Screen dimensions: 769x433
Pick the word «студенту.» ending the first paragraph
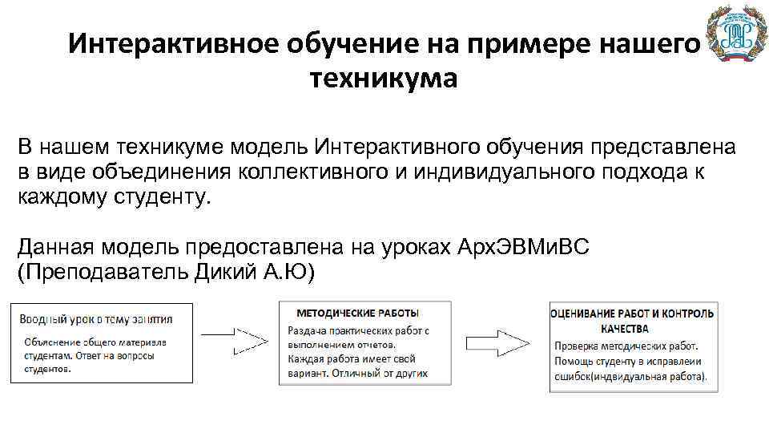pos(166,196)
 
